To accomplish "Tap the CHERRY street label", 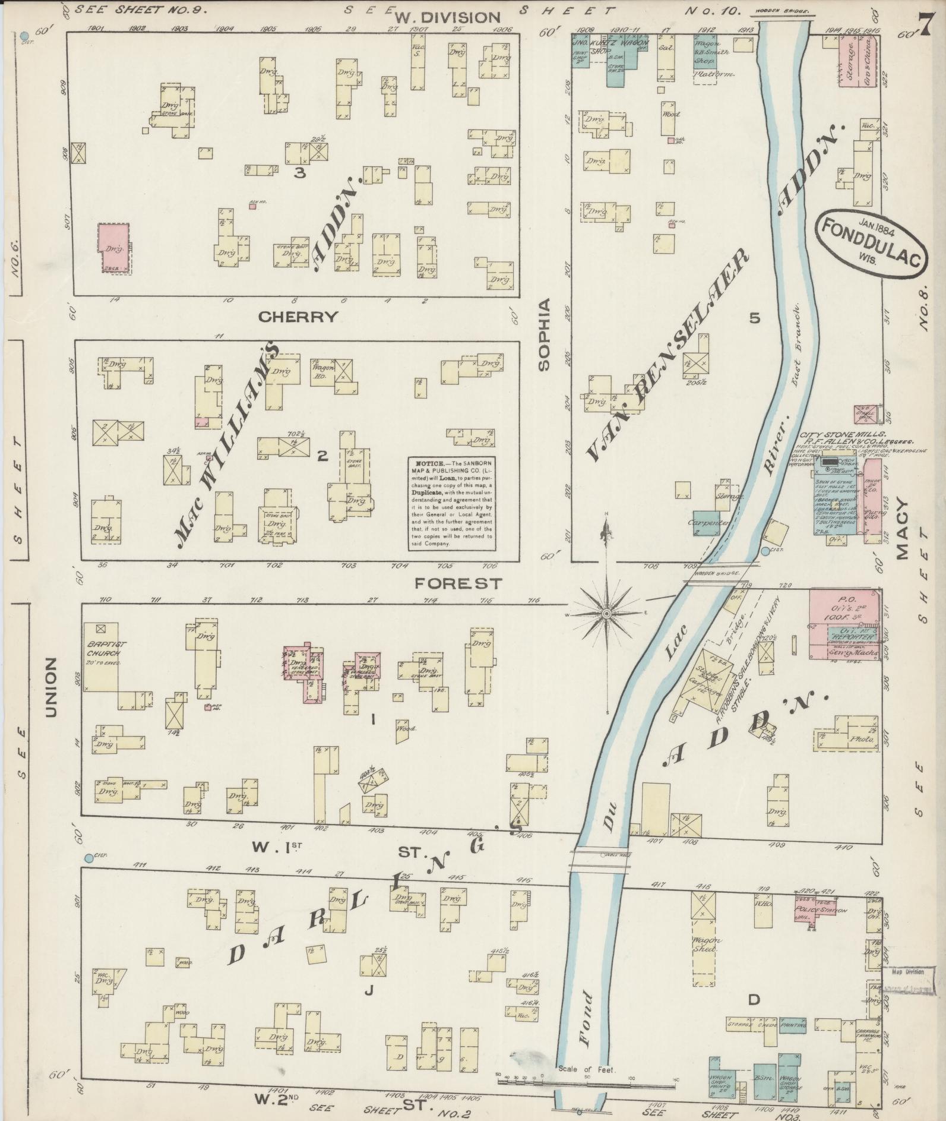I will click(298, 317).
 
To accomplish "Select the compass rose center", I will click(606, 613).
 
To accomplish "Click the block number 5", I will click(754, 318).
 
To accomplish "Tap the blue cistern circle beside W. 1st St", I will click(88, 858).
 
